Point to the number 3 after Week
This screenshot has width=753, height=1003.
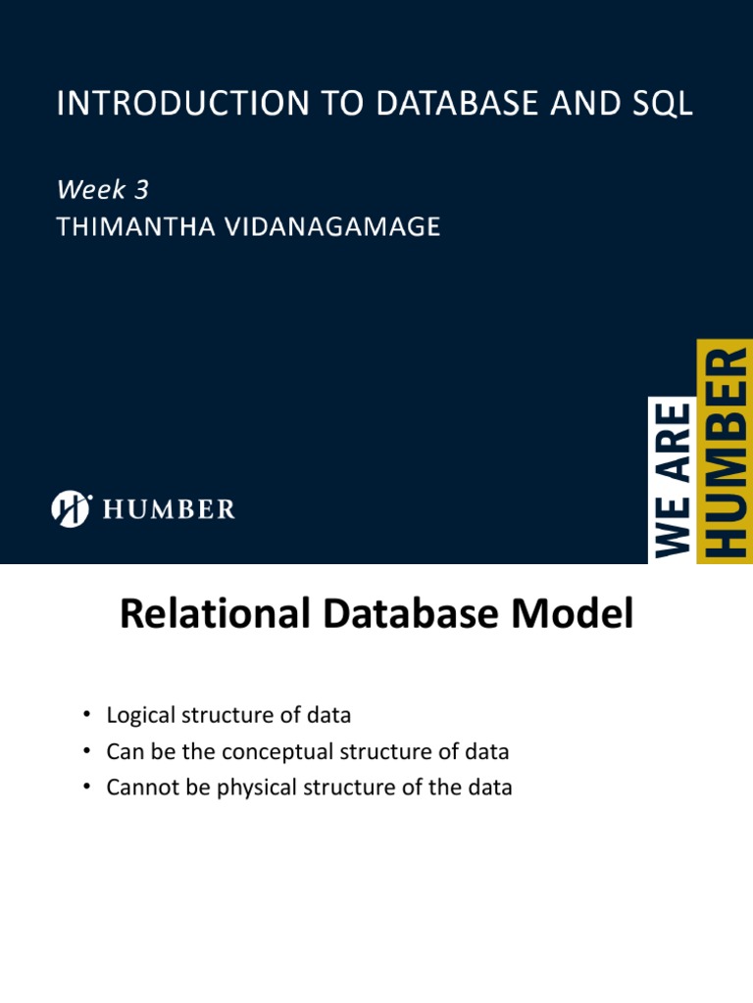coord(142,190)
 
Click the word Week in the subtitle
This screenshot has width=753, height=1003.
coord(90,190)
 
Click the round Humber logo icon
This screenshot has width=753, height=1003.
coord(71,509)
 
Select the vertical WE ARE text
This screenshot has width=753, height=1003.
coord(672,479)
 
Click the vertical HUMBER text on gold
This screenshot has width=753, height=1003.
coord(727,451)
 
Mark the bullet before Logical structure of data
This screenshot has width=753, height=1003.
coord(86,716)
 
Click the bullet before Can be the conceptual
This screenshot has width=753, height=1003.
coord(86,752)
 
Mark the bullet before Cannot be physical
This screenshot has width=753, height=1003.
coord(86,788)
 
